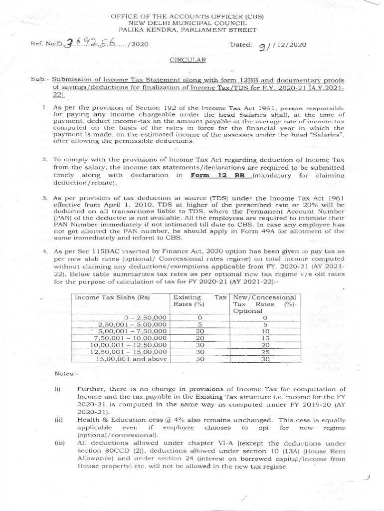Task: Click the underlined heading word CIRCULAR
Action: pyautogui.click(x=188, y=60)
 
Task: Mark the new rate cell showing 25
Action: pyautogui.click(x=265, y=351)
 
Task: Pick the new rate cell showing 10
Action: pyautogui.click(x=265, y=330)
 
